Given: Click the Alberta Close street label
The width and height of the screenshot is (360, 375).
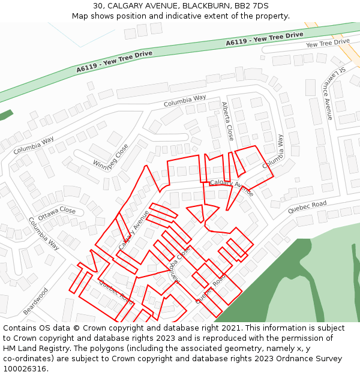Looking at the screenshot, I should coord(227,121).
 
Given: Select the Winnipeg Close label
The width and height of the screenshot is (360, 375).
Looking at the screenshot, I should coord(110,157).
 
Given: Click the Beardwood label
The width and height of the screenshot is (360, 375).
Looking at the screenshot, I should coord(35,302).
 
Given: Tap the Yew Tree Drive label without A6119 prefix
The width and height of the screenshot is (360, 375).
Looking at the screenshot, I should coord(327,43).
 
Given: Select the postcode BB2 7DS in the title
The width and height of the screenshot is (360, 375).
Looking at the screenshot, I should coord(252,6).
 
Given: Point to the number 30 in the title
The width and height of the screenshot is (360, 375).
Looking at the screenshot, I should coord(98,6).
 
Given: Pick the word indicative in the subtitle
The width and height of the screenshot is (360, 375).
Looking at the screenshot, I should coord(196,16).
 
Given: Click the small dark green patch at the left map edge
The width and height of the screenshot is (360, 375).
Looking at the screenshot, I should coord(5,115).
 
